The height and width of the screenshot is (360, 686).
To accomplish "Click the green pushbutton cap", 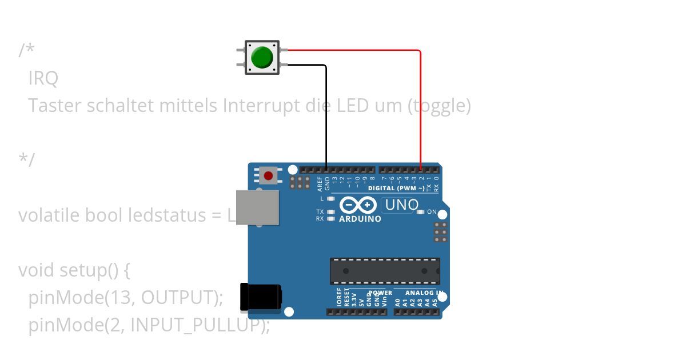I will point(262,57).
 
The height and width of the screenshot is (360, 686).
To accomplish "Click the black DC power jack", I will point(261,297).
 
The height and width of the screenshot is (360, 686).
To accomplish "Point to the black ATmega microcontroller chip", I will point(385,270).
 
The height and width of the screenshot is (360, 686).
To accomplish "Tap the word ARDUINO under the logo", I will point(360,219).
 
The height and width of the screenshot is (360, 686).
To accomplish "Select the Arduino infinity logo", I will point(358,205).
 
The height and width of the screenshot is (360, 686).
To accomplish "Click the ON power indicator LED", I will point(421,212).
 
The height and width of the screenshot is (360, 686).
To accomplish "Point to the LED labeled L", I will point(331,199).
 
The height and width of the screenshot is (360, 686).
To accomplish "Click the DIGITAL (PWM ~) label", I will point(396,188).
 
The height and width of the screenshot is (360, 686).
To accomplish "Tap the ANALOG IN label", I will point(425,293).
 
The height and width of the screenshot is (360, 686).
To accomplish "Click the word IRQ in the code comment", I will point(43,78).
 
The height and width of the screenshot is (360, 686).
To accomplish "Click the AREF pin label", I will point(320,183).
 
